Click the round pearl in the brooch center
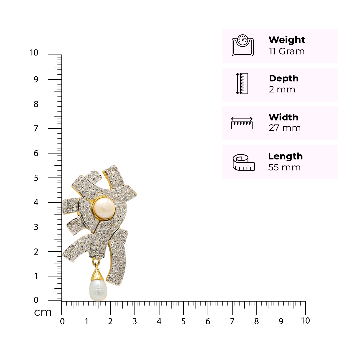click(104, 209)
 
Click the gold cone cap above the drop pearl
click(97, 275)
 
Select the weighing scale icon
click(242, 45)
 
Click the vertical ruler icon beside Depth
click(242, 84)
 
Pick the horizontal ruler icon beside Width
click(242, 123)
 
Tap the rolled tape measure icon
click(244, 162)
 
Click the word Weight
click(287, 40)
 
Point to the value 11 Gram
click(287, 51)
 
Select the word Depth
click(284, 78)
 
